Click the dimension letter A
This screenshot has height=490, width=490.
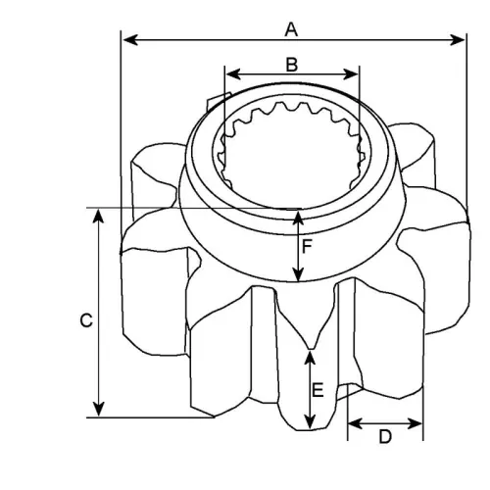[x=291, y=29]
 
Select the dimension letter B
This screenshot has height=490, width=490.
[x=291, y=65]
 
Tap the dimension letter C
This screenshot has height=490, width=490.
[x=85, y=319]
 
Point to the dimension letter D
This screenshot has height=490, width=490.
[x=385, y=436]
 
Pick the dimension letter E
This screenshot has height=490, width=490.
[x=318, y=390]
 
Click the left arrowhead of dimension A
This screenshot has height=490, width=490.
[x=125, y=40]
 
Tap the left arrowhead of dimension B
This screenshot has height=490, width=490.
[x=230, y=74]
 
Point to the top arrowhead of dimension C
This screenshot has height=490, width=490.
[x=99, y=214]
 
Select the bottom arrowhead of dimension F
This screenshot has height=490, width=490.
[x=299, y=275]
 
